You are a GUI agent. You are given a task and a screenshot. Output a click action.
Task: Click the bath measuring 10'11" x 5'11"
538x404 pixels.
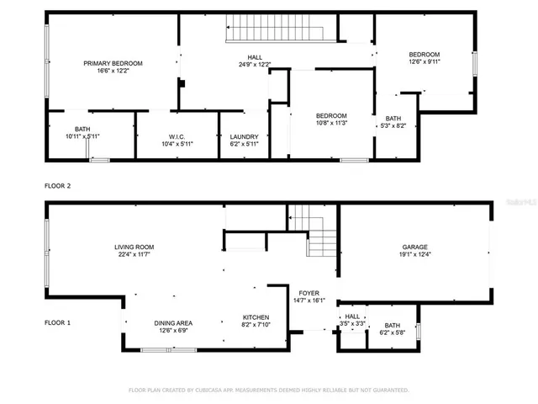[x=82, y=132]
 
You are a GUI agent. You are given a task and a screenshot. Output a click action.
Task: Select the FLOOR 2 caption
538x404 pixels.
[x=57, y=185]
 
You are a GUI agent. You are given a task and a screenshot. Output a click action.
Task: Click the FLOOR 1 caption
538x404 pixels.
[x=57, y=322]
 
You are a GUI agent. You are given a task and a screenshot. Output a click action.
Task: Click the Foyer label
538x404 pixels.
[x=309, y=296]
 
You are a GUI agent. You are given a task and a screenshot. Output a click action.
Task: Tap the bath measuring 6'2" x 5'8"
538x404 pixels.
[x=393, y=329]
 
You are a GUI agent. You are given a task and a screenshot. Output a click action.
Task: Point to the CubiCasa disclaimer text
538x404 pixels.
[x=268, y=390]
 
